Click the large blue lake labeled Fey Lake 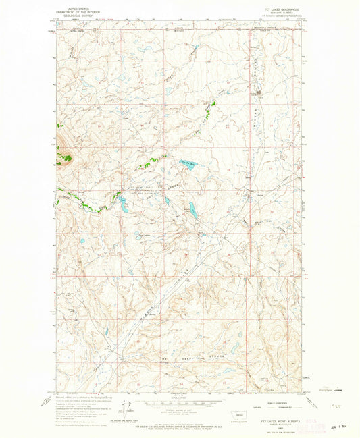click(x=190, y=162)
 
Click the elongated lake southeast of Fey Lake click(x=192, y=210)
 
